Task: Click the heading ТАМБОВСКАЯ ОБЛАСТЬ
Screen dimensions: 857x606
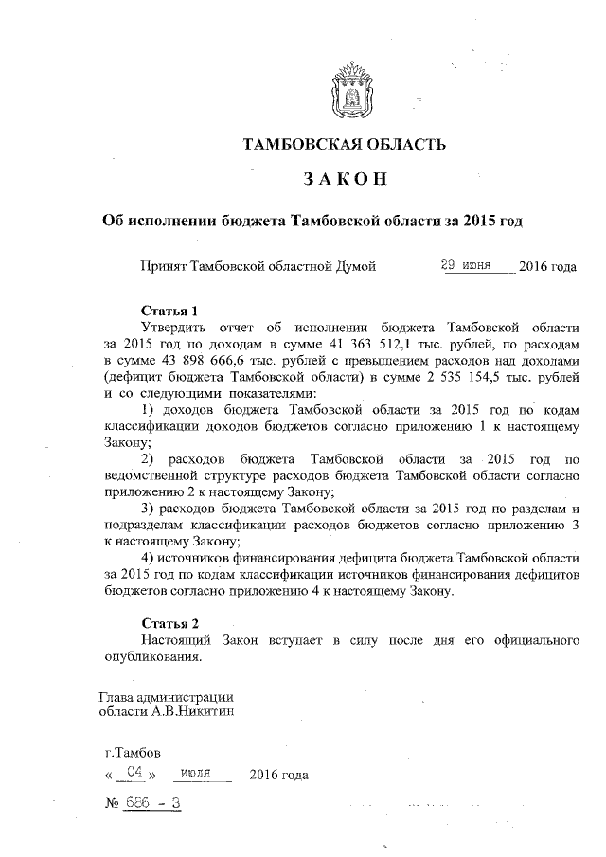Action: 345,145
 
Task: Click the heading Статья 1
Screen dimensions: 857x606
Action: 169,309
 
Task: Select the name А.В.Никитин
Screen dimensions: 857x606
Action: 189,710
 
